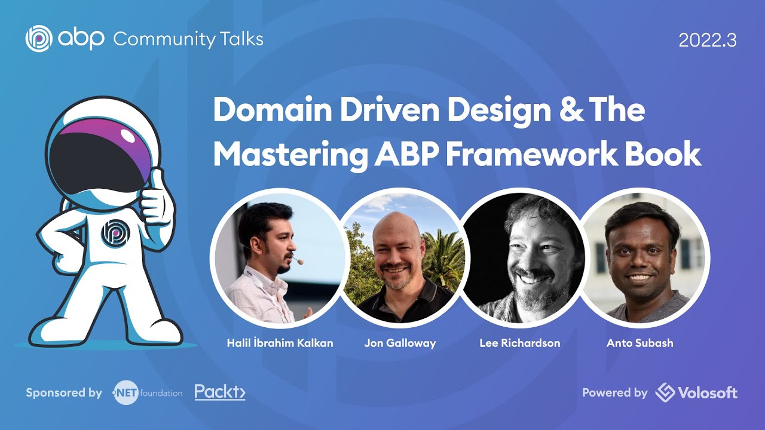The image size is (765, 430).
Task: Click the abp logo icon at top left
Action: [39, 39]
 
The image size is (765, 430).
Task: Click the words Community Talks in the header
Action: [188, 39]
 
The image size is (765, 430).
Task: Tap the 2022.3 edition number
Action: [708, 41]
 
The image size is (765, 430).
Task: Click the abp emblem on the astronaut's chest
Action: [113, 234]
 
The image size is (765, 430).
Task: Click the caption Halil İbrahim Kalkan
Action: [280, 343]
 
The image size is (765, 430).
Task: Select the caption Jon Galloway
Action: [400, 343]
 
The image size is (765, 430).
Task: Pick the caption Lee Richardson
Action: [520, 343]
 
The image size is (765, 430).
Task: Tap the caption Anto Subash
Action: [639, 343]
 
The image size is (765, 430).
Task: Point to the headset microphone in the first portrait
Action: [299, 261]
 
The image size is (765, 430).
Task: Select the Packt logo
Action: [220, 392]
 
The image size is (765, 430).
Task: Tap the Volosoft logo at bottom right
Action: [696, 393]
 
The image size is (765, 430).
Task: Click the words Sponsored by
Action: [64, 393]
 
